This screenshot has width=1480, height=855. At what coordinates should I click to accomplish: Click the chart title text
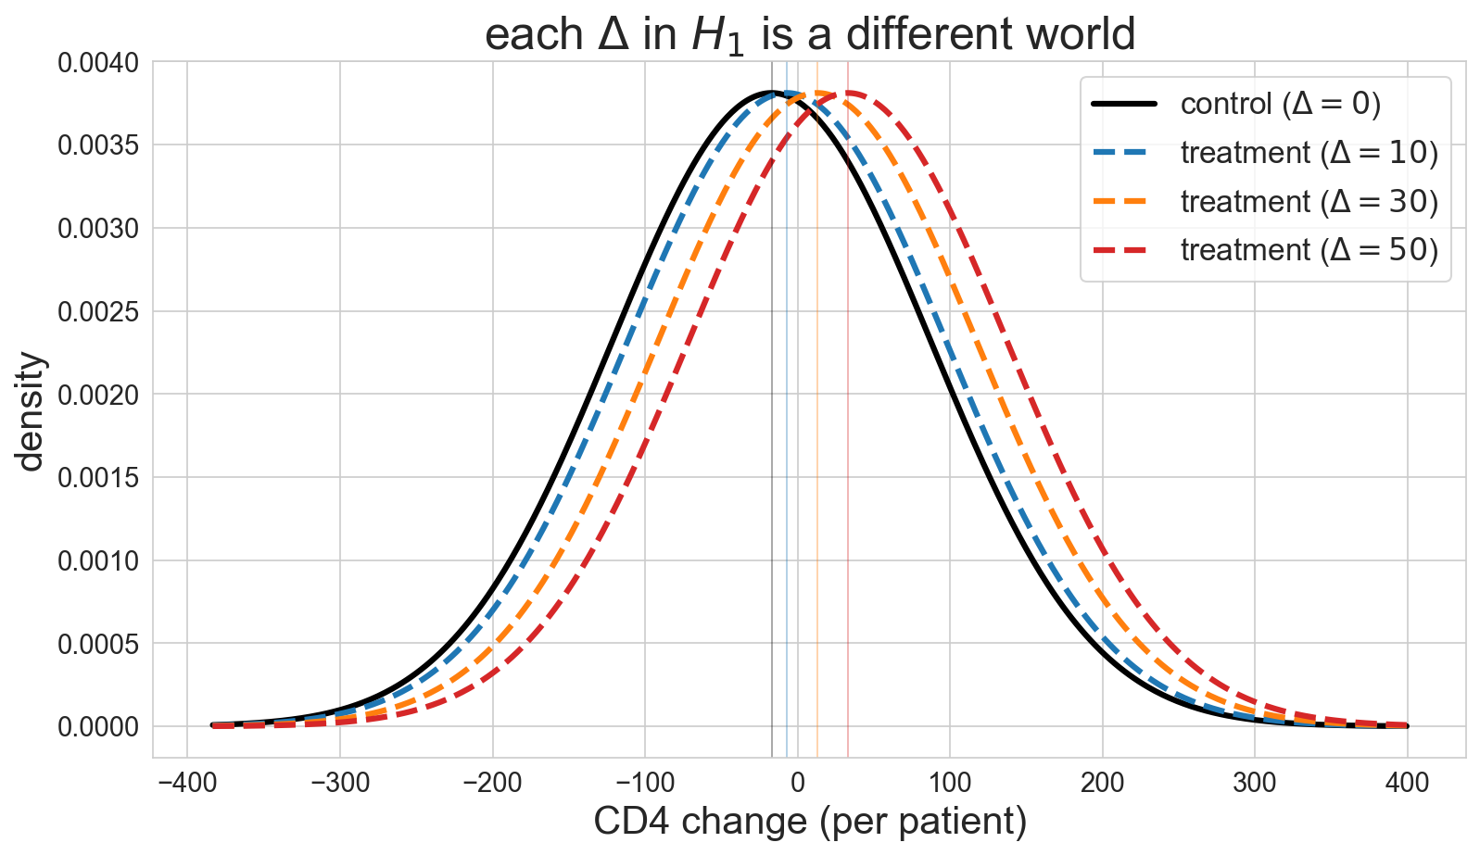coord(810,34)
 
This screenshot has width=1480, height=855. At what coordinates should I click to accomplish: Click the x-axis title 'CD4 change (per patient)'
coord(810,822)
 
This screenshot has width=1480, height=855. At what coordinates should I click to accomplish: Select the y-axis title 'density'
coord(31,410)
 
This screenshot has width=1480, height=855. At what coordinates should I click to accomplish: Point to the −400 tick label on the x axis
coord(187,783)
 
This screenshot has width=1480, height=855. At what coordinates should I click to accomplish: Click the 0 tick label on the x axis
coord(798,783)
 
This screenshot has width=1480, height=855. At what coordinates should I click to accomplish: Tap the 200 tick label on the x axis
coord(1102,783)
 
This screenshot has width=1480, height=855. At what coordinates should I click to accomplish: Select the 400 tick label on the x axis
coord(1408,783)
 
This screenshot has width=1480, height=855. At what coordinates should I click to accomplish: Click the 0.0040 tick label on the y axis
coord(98,63)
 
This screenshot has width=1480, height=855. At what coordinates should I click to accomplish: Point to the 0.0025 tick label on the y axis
coord(98,312)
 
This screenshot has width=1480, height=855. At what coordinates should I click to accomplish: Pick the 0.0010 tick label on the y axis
coord(98,561)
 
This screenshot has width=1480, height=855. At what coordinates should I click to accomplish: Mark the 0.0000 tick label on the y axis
coord(98,727)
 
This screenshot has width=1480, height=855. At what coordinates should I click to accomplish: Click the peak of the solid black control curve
coord(772,93)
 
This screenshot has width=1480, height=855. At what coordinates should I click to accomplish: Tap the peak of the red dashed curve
coord(848,93)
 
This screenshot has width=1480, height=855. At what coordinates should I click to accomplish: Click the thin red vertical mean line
coord(848,409)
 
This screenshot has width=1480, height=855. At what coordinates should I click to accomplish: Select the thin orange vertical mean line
coord(817,409)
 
